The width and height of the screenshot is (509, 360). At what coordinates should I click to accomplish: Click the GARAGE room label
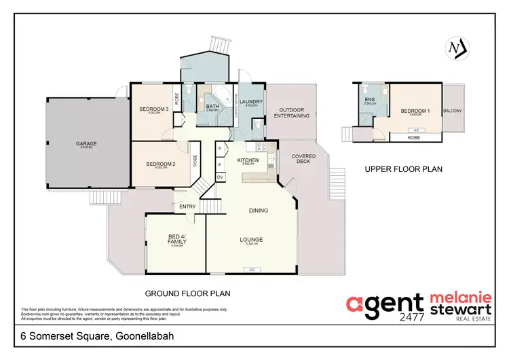tap(86, 144)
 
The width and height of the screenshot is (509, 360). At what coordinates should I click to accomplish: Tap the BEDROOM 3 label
tap(153, 109)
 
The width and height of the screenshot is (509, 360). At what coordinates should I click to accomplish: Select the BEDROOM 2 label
tap(160, 164)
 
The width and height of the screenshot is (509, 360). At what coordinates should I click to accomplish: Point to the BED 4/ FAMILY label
tap(176, 239)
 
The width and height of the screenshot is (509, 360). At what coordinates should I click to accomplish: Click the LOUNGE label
tap(251, 239)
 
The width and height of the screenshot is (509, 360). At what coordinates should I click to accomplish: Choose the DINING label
tap(259, 211)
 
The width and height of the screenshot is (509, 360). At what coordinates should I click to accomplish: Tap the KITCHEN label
tap(246, 160)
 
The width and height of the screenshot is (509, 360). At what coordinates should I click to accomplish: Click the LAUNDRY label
tap(252, 101)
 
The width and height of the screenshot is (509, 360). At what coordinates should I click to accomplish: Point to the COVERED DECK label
tap(303, 160)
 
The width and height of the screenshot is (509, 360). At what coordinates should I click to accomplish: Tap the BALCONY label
tap(453, 110)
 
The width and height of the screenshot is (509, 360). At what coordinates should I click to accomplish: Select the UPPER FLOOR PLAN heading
tap(404, 170)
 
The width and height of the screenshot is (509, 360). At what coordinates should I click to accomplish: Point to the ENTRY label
tap(187, 206)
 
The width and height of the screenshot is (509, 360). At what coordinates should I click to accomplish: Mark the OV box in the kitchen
tap(221, 177)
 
